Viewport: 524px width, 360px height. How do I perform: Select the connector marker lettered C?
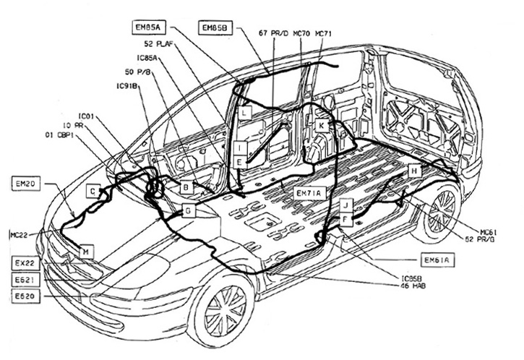pyautogui.click(x=93, y=192)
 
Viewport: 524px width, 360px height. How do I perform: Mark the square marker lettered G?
pyautogui.click(x=187, y=210)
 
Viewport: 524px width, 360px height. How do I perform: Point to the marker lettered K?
pyautogui.click(x=321, y=125)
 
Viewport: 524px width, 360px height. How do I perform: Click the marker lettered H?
pyautogui.click(x=413, y=171)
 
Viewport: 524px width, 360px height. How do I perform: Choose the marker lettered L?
pyautogui.click(x=245, y=113)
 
